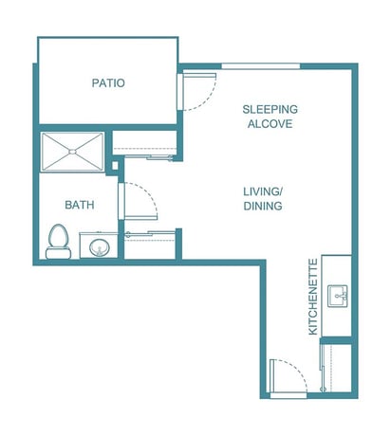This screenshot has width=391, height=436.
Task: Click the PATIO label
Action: [108, 82]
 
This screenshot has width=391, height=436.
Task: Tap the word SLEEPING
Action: [270, 109]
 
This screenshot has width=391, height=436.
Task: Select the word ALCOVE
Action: [270, 124]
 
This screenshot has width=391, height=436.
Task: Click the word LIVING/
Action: [263, 191]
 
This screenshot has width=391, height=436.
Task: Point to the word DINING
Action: [263, 206]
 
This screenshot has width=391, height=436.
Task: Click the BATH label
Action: [80, 205]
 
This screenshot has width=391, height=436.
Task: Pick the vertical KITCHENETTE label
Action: [313, 297]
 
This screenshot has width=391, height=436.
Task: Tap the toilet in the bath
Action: [59, 242]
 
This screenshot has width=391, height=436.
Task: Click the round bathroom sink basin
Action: [99, 247]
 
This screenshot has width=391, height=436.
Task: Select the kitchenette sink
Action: [337, 296]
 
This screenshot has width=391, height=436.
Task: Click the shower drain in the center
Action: [72, 152]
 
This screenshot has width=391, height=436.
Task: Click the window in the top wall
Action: [261, 66]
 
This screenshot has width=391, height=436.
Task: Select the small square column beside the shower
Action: [115, 165]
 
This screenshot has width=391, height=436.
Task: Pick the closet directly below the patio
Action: [144, 143]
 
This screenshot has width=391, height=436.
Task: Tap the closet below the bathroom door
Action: [150, 245]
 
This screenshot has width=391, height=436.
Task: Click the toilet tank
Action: [58, 253]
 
